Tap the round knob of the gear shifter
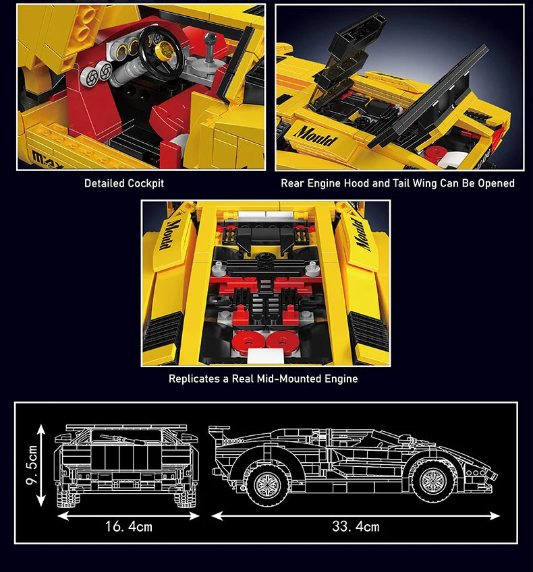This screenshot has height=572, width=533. click(x=210, y=38)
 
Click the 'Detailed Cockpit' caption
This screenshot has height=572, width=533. click(x=124, y=183)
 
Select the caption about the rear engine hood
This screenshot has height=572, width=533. click(x=397, y=183)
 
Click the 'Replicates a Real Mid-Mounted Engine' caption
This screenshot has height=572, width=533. click(x=263, y=379)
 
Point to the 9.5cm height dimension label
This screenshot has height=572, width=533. click(x=32, y=465)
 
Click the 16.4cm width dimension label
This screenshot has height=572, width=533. click(x=129, y=526)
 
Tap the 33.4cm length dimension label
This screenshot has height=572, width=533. click(x=356, y=526)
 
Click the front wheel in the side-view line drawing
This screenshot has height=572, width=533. click(x=432, y=480)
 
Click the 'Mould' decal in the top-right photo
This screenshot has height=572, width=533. click(x=315, y=136)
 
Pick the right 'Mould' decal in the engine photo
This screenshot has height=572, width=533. click(x=362, y=234)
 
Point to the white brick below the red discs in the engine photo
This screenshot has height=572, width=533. click(x=266, y=356)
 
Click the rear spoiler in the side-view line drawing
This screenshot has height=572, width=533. click(x=220, y=433)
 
